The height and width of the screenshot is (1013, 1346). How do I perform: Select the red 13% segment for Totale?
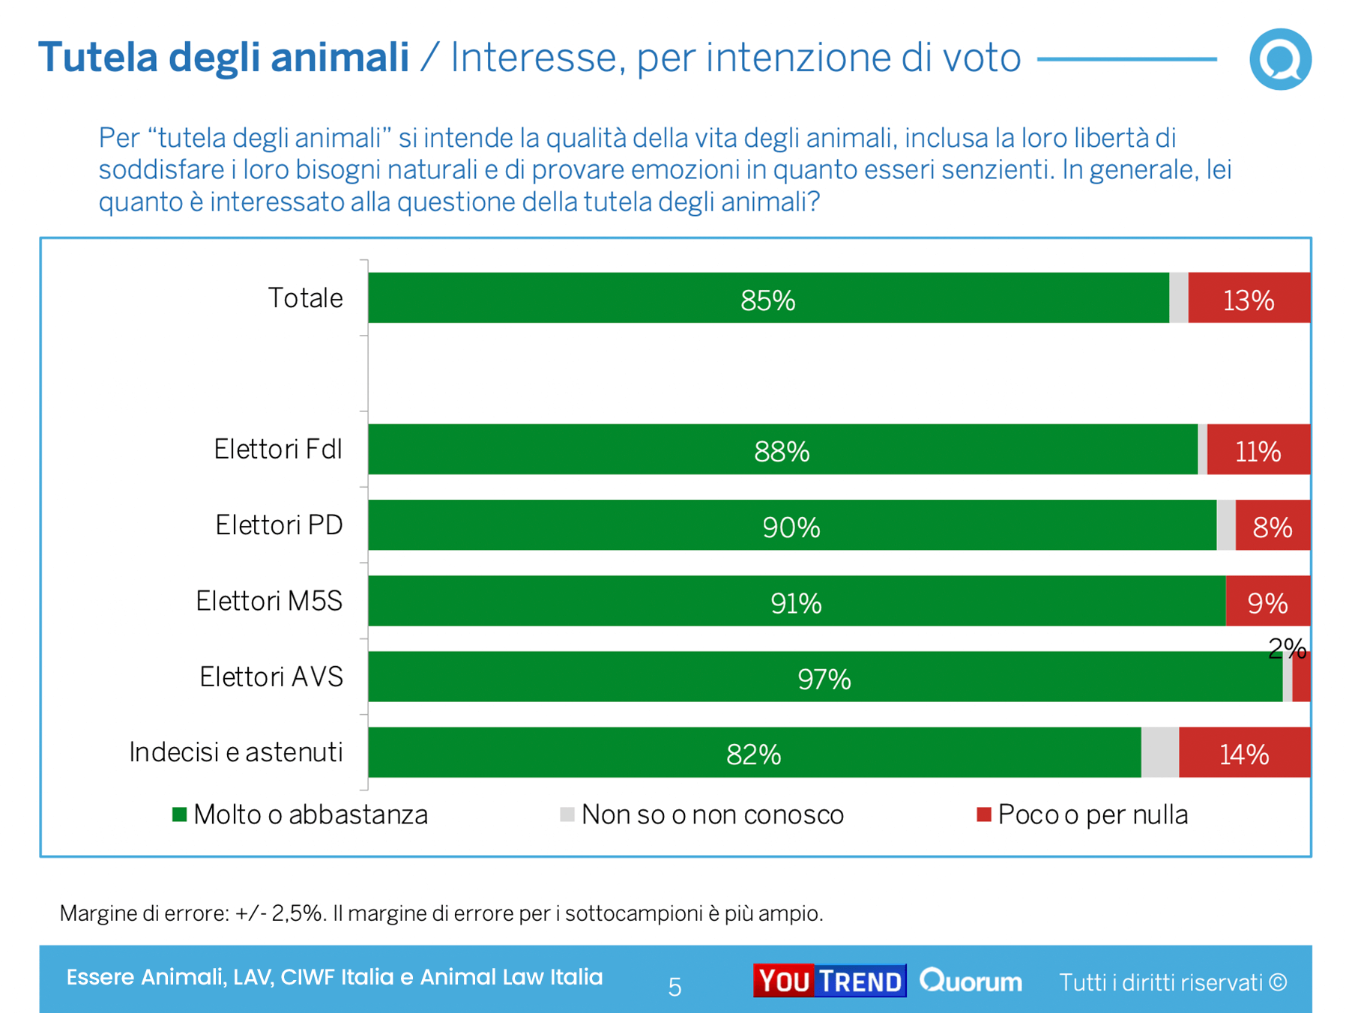[x=1249, y=298]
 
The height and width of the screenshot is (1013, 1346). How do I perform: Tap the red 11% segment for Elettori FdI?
[x=1258, y=450]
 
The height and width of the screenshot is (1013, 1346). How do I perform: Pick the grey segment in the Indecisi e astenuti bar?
[x=1159, y=752]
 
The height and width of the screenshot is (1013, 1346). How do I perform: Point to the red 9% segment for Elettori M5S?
[x=1267, y=602]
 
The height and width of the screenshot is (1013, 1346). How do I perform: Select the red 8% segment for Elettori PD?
[x=1273, y=526]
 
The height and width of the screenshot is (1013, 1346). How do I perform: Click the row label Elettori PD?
[x=279, y=525]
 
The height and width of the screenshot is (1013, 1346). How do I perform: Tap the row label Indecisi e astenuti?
[x=235, y=752]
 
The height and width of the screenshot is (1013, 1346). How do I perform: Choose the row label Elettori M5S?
[x=269, y=601]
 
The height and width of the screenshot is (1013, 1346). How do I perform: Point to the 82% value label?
[x=753, y=754]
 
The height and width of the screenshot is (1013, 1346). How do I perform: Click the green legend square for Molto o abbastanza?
[x=179, y=814]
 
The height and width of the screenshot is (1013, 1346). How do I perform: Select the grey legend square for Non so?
[x=567, y=814]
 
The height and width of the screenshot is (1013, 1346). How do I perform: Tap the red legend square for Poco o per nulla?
[x=984, y=814]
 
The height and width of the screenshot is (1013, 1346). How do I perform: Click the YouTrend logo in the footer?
[x=829, y=981]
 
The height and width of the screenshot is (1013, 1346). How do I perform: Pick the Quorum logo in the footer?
[x=971, y=981]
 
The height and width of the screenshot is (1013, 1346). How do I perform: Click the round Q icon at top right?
[x=1280, y=59]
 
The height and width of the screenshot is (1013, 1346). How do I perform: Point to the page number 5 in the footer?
[x=674, y=987]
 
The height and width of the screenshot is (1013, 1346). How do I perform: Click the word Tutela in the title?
[x=97, y=58]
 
